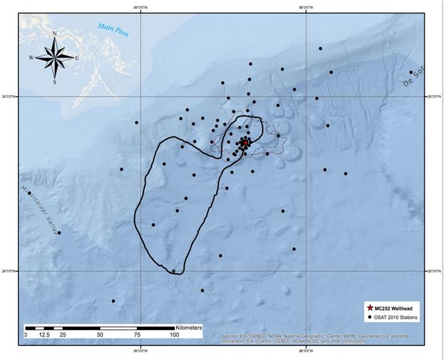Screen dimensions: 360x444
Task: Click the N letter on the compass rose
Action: tap(55, 34)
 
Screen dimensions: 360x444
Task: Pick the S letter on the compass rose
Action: tap(55, 82)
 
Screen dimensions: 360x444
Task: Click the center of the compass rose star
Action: tap(55, 58)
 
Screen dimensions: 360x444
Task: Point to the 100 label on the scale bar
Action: tap(174, 334)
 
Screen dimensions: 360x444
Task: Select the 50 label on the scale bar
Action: tap(100, 334)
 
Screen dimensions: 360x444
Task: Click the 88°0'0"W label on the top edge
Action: tap(306, 8)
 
